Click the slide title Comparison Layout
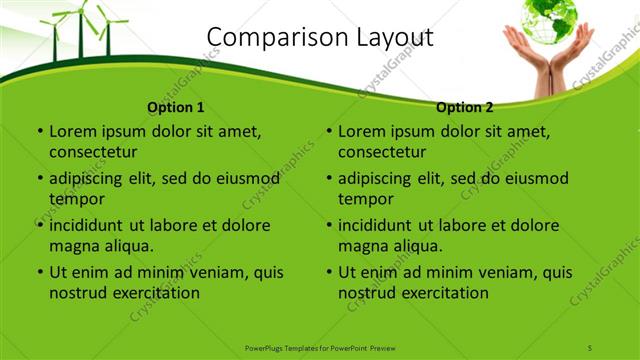pyautogui.click(x=319, y=38)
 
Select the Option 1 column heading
pyautogui.click(x=176, y=107)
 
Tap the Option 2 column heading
pyautogui.click(x=465, y=107)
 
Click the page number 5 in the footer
pyautogui.click(x=590, y=347)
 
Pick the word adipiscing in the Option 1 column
pyautogui.click(x=92, y=178)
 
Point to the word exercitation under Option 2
pyautogui.click(x=442, y=293)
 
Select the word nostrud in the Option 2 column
pyautogui.click(x=365, y=293)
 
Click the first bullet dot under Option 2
pyautogui.click(x=328, y=132)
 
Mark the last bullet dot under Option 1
pyautogui.click(x=39, y=273)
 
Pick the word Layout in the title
pyautogui.click(x=389, y=38)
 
